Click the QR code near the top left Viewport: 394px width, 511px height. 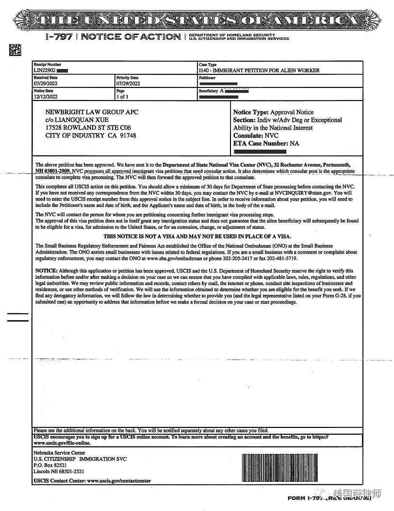pos(16,49)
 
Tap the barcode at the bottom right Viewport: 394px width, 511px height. pos(279,467)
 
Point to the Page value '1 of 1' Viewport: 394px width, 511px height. pos(122,97)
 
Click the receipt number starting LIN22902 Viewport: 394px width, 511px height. pos(45,70)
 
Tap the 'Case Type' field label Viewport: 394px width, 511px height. pos(208,65)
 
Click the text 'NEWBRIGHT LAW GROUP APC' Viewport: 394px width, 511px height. pos(92,112)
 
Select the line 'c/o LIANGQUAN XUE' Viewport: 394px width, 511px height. pos(77,120)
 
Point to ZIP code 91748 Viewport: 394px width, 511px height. pos(127,136)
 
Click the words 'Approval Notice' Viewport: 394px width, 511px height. pos(292,112)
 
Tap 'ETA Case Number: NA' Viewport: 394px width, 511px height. pos(266,143)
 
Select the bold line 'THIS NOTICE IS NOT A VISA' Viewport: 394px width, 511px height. pos(197,237)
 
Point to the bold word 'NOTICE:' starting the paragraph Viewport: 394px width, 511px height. pos(46,271)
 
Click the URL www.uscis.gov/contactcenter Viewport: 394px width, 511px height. pos(118,481)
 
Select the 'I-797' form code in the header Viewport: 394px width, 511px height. pos(59,37)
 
